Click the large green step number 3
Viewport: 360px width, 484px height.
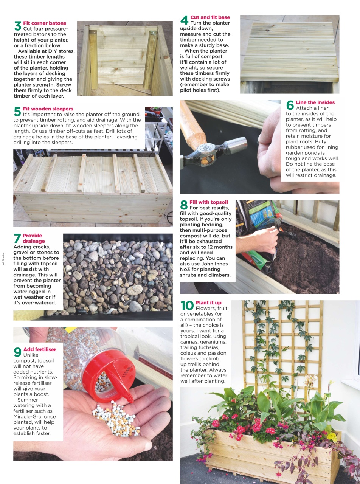17,26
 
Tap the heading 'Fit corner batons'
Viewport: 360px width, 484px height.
44,23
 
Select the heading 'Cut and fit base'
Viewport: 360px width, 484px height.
210,17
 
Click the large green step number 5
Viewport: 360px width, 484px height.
17,112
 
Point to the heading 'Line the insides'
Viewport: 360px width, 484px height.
315,102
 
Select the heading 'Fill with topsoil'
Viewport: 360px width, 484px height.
208,202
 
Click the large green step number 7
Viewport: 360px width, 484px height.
17,239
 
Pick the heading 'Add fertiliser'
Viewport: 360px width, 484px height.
40,349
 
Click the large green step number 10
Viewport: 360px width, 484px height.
187,306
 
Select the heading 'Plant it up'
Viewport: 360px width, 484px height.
208,303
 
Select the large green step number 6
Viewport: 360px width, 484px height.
290,105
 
